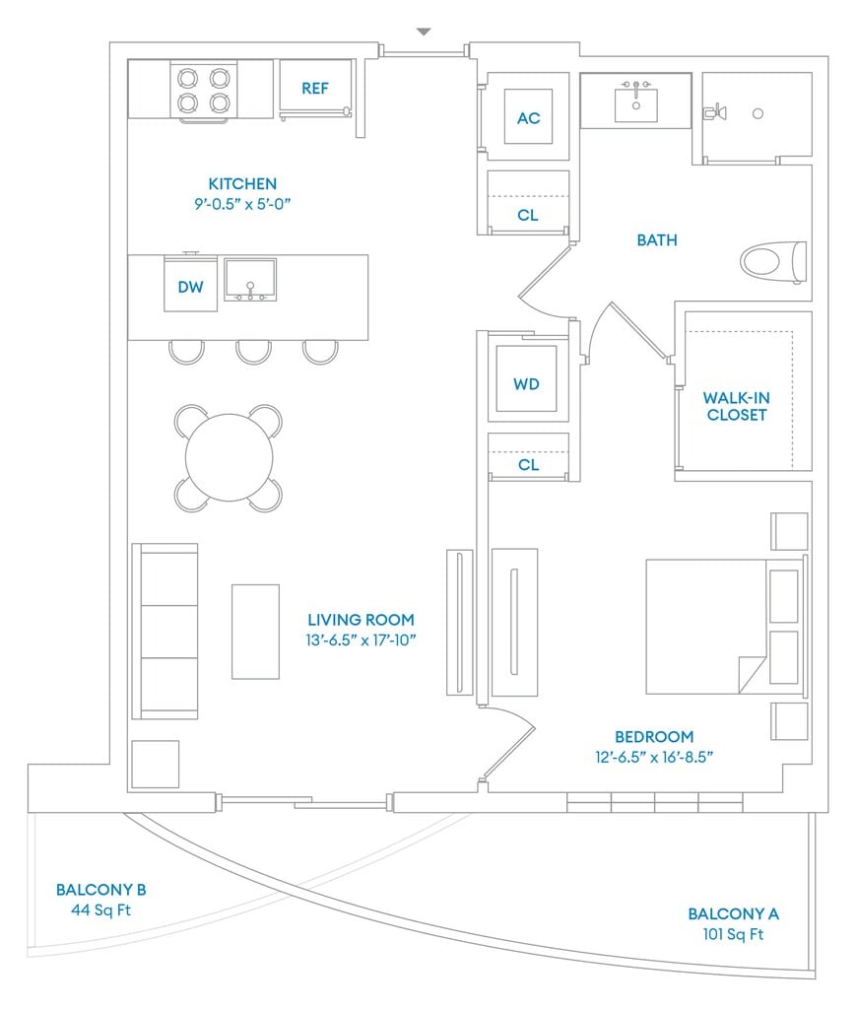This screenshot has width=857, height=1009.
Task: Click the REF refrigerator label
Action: tap(314, 88)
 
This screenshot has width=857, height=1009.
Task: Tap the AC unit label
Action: tap(528, 118)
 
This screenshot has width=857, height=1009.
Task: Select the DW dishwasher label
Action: tap(190, 287)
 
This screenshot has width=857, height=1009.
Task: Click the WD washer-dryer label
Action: tap(526, 384)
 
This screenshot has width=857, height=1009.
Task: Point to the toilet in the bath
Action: tap(772, 262)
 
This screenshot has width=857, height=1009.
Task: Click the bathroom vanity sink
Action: tap(635, 104)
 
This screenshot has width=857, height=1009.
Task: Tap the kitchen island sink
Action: tap(250, 280)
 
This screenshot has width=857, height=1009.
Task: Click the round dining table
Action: tap(230, 457)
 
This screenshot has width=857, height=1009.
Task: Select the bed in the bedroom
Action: tap(726, 626)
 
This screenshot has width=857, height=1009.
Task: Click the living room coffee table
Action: tap(255, 632)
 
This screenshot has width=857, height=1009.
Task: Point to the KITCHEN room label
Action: tap(242, 184)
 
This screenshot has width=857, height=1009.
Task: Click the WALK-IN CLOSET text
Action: tap(737, 406)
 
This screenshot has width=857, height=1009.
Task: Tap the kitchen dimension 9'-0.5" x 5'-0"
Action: tap(242, 204)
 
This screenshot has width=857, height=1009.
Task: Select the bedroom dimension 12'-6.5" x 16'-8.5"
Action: tap(654, 757)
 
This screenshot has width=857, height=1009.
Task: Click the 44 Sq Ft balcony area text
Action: tap(101, 909)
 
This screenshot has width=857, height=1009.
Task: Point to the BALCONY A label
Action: tap(734, 913)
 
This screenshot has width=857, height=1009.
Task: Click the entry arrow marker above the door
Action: tap(424, 32)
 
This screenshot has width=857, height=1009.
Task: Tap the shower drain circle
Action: tap(758, 113)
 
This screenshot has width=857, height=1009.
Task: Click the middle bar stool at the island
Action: tap(253, 352)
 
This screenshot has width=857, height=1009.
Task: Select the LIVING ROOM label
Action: tap(361, 620)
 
